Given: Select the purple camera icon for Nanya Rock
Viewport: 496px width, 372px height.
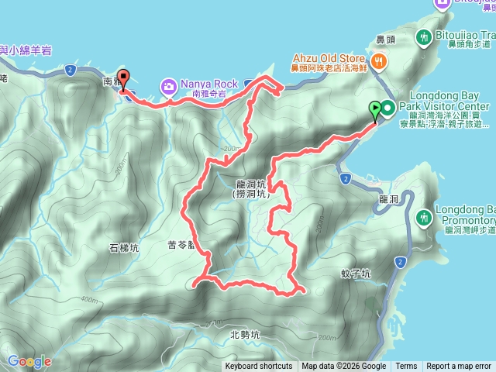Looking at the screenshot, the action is (168, 84).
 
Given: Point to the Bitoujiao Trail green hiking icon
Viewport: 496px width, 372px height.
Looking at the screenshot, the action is (424, 36).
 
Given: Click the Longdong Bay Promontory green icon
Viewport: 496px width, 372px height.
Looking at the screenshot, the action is (424, 217).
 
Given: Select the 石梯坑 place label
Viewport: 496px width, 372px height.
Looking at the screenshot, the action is (124, 249).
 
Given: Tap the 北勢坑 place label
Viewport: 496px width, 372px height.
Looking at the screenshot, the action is (246, 336).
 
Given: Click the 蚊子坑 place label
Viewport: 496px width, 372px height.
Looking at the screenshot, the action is (356, 274).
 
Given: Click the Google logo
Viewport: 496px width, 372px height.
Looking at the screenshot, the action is (29, 361).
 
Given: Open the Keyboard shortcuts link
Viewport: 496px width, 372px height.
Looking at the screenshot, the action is (259, 367).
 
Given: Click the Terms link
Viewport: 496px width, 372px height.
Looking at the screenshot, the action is (406, 367).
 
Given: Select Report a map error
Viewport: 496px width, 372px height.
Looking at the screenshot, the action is (459, 367).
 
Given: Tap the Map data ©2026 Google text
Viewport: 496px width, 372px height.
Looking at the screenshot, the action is (344, 367).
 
